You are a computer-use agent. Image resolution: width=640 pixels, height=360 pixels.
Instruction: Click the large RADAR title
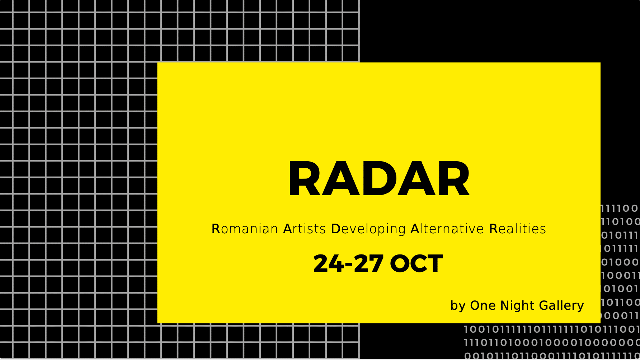379,179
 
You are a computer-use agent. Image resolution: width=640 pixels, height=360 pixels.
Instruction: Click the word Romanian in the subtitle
245,229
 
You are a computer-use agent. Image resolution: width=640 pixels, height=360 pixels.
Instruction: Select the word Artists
305,229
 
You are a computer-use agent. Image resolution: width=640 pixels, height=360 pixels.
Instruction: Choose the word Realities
518,229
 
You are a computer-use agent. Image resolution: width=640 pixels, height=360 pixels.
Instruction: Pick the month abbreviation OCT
416,263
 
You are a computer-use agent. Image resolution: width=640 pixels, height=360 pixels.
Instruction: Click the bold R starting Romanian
216,229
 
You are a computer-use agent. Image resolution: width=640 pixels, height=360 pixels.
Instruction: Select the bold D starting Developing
335,229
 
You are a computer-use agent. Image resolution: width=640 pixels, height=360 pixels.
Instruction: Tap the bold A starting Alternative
415,229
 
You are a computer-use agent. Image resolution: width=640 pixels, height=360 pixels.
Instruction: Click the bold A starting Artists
288,229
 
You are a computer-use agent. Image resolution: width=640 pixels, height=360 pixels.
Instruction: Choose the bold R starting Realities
494,229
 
